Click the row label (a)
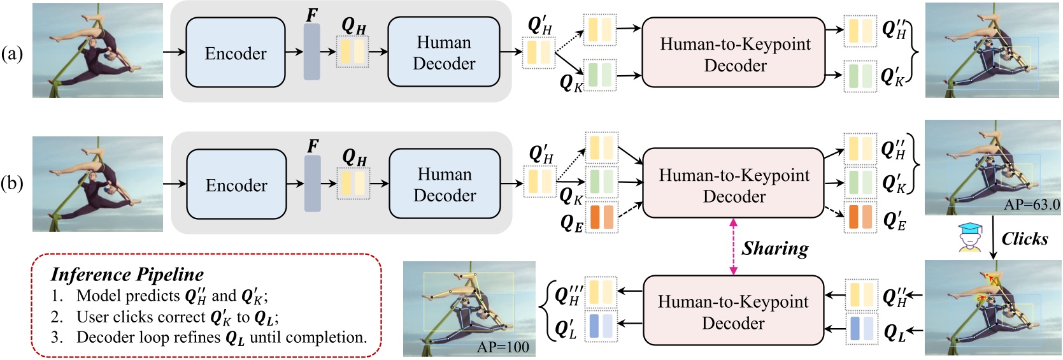click(12, 54)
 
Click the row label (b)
click(12, 184)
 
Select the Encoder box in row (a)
click(236, 53)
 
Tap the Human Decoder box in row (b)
click(445, 185)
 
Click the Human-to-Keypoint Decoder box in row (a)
click(734, 54)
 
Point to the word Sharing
click(774, 248)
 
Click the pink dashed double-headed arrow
click(733, 247)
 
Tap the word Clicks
click(1024, 239)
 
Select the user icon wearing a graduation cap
click(969, 238)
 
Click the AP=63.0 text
click(1031, 205)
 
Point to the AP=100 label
click(503, 347)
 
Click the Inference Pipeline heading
click(127, 275)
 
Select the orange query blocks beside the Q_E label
click(601, 217)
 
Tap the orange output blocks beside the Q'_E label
click(860, 217)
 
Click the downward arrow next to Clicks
click(993, 238)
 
